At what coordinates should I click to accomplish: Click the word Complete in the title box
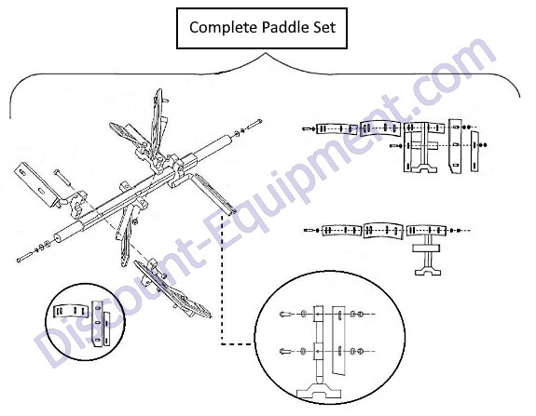click(x=219, y=27)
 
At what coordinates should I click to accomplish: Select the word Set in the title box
click(x=323, y=27)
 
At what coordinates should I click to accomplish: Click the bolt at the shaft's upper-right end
click(x=254, y=124)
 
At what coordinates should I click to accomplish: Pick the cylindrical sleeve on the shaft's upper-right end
click(x=219, y=144)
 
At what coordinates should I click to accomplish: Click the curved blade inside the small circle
click(x=71, y=311)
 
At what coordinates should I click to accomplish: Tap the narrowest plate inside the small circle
click(x=107, y=329)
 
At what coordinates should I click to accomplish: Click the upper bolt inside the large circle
click(x=284, y=314)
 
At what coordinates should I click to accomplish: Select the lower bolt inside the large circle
click(x=284, y=351)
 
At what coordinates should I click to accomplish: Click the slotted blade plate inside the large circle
click(x=338, y=341)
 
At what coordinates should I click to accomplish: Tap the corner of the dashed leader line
click(x=223, y=343)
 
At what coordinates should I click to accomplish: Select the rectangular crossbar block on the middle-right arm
click(x=426, y=248)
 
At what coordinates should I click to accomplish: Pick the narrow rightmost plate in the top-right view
click(x=475, y=151)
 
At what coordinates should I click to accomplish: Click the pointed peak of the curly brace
click(x=265, y=54)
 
